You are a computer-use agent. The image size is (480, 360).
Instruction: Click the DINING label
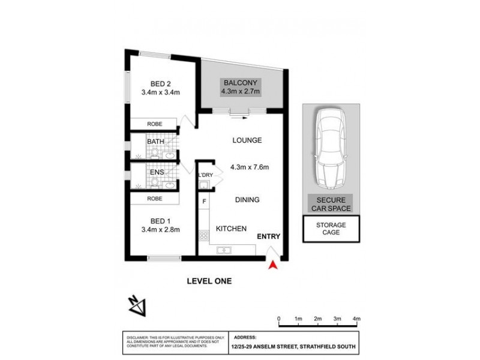247,200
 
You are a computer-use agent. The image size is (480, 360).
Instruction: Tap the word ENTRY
269,237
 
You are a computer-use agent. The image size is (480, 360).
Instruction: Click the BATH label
156,142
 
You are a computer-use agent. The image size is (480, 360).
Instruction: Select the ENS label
156,172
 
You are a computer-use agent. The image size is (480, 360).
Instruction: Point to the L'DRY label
206,175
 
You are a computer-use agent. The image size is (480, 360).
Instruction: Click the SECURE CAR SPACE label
331,204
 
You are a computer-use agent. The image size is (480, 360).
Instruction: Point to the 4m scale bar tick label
356,318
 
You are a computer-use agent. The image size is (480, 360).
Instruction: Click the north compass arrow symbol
137,305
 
